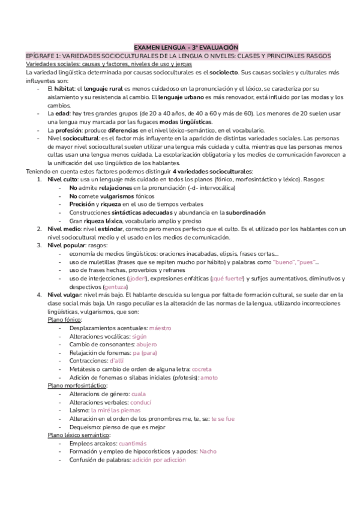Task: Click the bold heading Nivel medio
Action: (x=64, y=229)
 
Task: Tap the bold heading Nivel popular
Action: (x=67, y=245)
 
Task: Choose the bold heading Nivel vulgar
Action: (x=65, y=295)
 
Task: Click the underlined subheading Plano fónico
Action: (x=65, y=320)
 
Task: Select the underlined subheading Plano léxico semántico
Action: (x=79, y=434)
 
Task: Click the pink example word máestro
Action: (x=160, y=328)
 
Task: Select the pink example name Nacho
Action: (x=208, y=451)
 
